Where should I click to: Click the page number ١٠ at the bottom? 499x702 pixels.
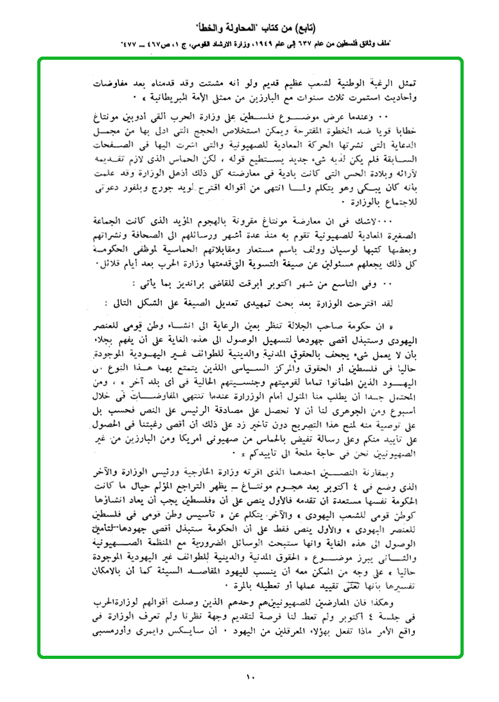250,676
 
